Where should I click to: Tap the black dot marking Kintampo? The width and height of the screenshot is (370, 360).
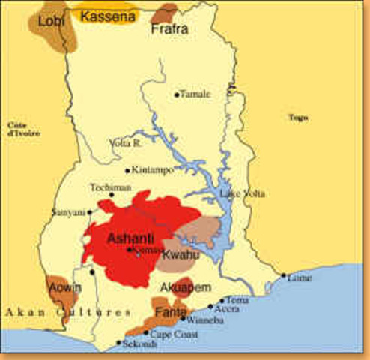point(127,170)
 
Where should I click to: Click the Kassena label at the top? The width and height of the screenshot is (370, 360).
point(108,15)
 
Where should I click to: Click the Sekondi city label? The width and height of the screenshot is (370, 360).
point(139,344)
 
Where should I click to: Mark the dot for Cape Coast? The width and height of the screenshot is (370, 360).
point(146,332)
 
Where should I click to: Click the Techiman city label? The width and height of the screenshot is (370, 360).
point(111,187)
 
